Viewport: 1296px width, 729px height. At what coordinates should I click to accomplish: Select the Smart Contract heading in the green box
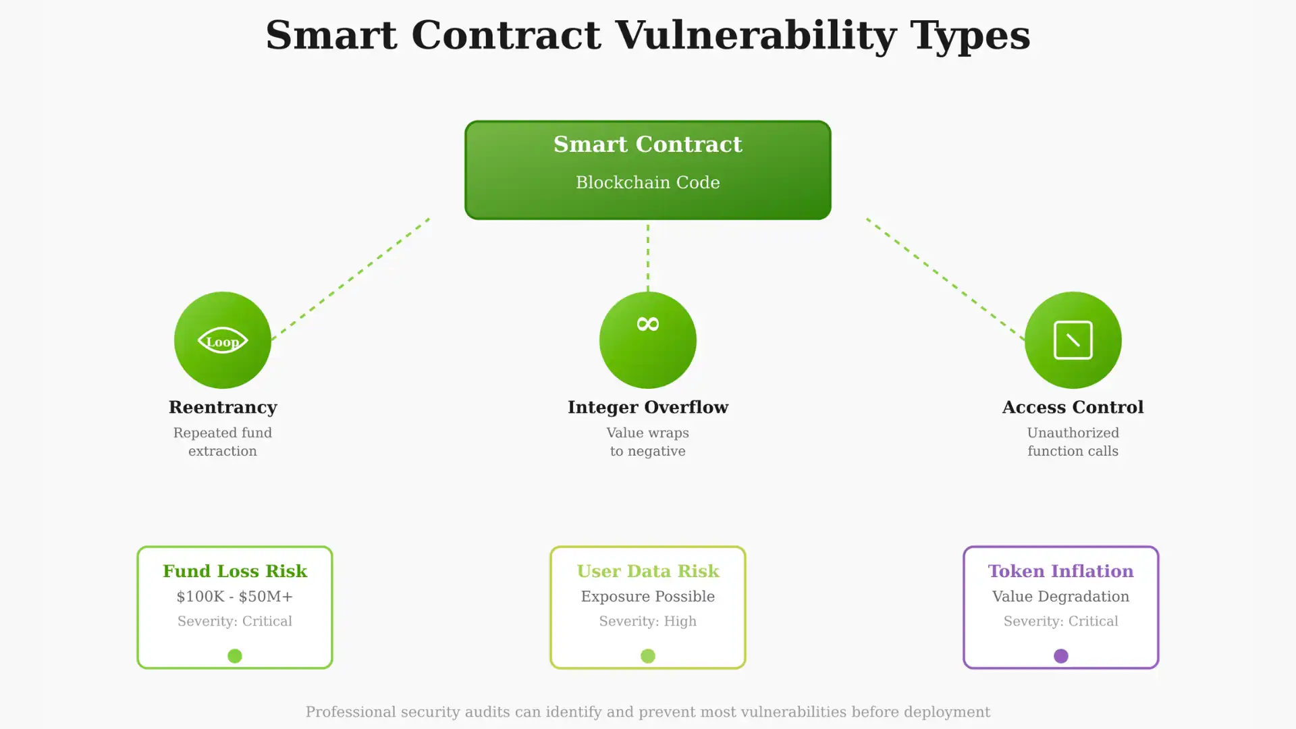point(647,144)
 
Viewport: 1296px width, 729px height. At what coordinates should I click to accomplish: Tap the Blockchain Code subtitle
point(647,182)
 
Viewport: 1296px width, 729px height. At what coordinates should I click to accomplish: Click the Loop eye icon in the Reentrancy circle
point(223,341)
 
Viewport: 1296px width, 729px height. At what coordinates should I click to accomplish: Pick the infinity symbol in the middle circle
point(647,325)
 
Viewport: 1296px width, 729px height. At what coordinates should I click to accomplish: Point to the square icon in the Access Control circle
point(1073,340)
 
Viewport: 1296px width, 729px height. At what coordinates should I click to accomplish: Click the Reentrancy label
point(223,407)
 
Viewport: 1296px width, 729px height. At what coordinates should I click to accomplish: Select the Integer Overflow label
point(647,407)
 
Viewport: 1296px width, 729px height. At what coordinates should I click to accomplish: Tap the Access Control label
point(1073,407)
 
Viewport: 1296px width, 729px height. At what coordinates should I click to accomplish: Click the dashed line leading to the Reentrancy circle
point(351,277)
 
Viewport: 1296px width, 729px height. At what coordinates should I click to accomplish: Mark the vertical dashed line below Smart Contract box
point(647,256)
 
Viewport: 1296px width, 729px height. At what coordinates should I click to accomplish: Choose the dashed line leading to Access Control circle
point(945,277)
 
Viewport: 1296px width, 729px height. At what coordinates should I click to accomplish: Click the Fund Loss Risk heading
point(235,571)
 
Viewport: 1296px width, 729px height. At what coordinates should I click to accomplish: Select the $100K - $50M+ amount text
point(235,597)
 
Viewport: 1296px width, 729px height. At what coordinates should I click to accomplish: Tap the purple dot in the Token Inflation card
point(1060,656)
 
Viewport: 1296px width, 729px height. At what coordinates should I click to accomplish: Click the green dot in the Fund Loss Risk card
point(235,656)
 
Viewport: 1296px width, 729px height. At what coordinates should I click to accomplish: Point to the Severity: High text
point(647,621)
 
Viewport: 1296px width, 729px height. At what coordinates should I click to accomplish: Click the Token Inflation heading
point(1060,571)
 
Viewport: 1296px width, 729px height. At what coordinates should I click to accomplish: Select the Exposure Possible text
point(647,597)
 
